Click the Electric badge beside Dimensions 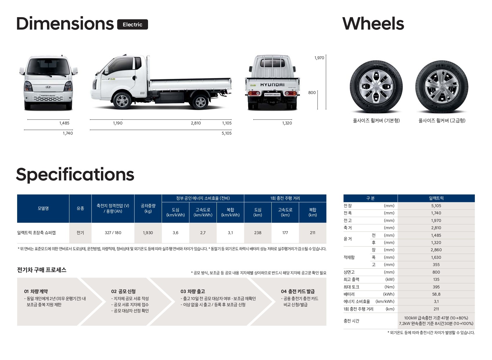pyautogui.click(x=132, y=25)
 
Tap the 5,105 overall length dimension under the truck pyautogui.click(x=226, y=133)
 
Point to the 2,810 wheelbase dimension pyautogui.click(x=196, y=123)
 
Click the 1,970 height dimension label pyautogui.click(x=319, y=58)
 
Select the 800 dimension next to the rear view pyautogui.click(x=312, y=93)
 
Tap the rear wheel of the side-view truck pyautogui.click(x=200, y=102)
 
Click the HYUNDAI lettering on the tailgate pyautogui.click(x=272, y=85)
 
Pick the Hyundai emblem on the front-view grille pyautogui.click(x=48, y=87)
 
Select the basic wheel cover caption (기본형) pyautogui.click(x=376, y=121)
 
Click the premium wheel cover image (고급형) pyautogui.click(x=441, y=87)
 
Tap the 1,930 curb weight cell pyautogui.click(x=148, y=233)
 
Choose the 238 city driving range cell pyautogui.click(x=257, y=233)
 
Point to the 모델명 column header pyautogui.click(x=43, y=209)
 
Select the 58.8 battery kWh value pyautogui.click(x=436, y=294)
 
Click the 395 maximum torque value pyautogui.click(x=436, y=287)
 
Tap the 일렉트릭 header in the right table pyautogui.click(x=436, y=198)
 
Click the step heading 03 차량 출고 pyautogui.click(x=192, y=292)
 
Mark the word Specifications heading pyautogui.click(x=75, y=175)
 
